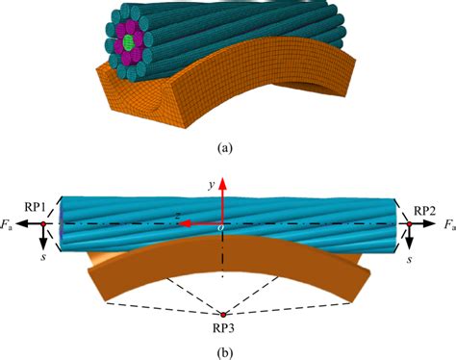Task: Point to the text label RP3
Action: pos(223,328)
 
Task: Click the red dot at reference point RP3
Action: pos(223,314)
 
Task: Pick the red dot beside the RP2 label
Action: pos(408,224)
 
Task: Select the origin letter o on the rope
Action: pos(217,229)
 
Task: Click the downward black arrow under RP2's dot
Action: pos(408,243)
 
